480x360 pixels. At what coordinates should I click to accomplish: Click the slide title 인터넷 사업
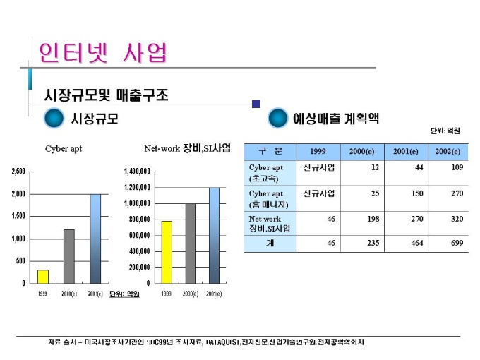click(x=104, y=52)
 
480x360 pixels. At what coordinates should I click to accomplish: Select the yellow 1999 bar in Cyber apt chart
click(x=43, y=276)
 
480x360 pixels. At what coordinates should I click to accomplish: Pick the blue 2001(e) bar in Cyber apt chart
click(x=95, y=238)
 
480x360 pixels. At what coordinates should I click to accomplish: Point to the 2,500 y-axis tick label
click(x=18, y=172)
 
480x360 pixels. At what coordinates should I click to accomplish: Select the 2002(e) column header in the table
click(x=448, y=152)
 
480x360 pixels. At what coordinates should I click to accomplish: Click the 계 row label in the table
click(x=270, y=244)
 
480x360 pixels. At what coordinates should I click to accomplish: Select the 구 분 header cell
click(x=270, y=152)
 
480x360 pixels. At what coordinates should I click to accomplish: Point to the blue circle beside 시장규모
click(x=54, y=119)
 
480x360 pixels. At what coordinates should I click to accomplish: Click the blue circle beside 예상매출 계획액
click(x=278, y=119)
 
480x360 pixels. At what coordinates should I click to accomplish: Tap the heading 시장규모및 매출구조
click(x=106, y=95)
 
